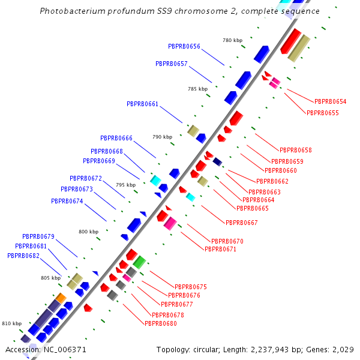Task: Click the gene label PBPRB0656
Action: pos(184,46)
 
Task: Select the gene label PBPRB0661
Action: pos(142,104)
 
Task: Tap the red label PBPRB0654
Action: pos(330,102)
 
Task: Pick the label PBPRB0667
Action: pos(242,223)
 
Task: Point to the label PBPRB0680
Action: pos(161,323)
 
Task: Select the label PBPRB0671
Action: pos(220,249)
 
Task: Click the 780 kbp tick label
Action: pos(232,40)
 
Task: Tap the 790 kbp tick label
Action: pos(162,137)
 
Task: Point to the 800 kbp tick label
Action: pos(88,232)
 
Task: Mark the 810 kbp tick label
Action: pos(11,323)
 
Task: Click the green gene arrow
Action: pos(139,262)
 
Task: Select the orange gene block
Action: pos(61,298)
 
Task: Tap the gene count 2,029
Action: pos(341,349)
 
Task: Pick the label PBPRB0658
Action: pos(296,150)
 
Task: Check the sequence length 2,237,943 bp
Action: pos(275,349)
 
